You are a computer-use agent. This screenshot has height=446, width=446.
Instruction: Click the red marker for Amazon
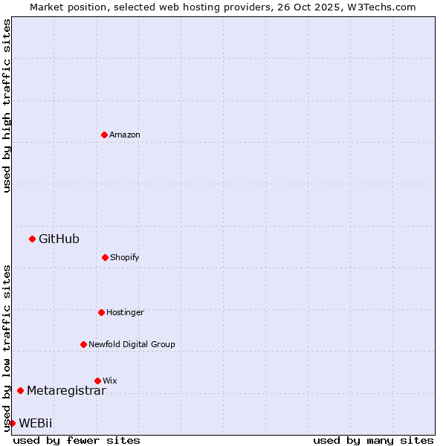click(x=104, y=135)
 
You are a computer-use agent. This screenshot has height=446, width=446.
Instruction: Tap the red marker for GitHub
click(x=32, y=239)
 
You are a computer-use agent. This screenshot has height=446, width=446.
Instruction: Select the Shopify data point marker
click(x=105, y=257)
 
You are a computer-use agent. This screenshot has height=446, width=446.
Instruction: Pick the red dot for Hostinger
click(x=101, y=312)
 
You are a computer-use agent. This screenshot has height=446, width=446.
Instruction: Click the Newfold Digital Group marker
click(x=83, y=344)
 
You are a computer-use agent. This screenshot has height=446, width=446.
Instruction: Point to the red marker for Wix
click(x=97, y=381)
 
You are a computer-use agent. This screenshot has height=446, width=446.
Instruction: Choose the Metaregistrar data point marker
click(x=20, y=390)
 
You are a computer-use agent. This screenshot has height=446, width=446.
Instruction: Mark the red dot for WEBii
click(x=12, y=423)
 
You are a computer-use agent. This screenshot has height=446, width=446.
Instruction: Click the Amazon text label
click(x=125, y=135)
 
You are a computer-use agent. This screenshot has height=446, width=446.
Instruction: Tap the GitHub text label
click(x=59, y=239)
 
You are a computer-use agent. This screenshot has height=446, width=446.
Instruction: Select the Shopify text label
click(x=125, y=257)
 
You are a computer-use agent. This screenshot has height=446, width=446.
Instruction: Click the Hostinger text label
click(x=125, y=312)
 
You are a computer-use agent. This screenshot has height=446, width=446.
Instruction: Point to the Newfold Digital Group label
click(x=132, y=344)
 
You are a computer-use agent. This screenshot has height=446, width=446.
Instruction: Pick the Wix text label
click(x=110, y=381)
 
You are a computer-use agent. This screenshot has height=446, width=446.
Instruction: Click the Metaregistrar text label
click(x=66, y=390)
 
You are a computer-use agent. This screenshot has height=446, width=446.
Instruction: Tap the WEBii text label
click(x=36, y=423)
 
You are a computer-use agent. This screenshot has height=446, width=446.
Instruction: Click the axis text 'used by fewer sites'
click(x=77, y=440)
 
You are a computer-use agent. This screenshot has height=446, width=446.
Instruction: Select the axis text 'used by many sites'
click(x=373, y=440)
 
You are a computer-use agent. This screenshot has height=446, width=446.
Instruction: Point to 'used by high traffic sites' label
click(x=7, y=106)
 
